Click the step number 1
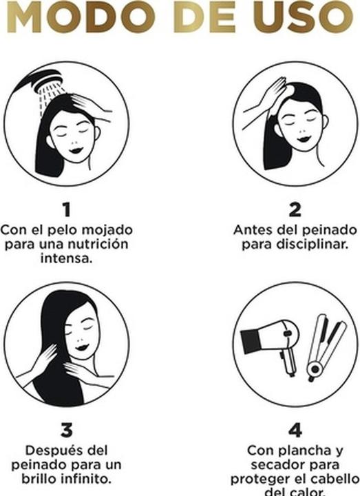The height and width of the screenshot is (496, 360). coord(67,208)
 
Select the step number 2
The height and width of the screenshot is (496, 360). coord(295,208)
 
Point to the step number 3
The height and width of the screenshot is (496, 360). coord(67,431)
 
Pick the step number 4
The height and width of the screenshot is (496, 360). coord(295,431)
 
